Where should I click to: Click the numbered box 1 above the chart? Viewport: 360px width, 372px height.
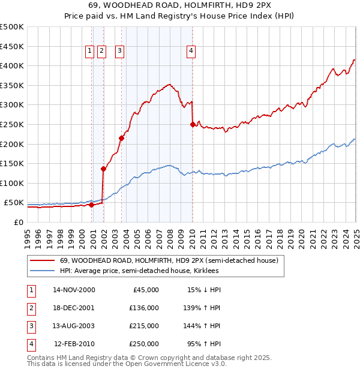[89, 52]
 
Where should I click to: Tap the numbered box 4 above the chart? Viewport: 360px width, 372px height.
[191, 52]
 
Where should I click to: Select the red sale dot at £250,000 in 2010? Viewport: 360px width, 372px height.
[193, 125]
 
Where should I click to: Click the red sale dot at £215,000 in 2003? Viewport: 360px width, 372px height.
[121, 138]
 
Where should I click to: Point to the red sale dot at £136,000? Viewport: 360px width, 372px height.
[103, 169]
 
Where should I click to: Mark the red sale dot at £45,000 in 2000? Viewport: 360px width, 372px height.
[91, 205]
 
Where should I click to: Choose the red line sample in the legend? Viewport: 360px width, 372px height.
[42, 261]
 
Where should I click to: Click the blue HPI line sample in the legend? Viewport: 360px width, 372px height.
[42, 271]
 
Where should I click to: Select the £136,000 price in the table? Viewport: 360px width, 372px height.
[144, 308]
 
